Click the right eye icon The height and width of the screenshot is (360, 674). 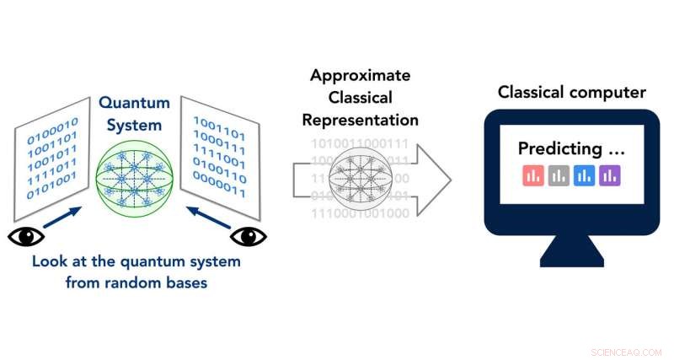coord(248,237)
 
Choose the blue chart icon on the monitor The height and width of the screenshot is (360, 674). coord(584,175)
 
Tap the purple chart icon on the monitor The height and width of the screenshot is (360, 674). coord(609,175)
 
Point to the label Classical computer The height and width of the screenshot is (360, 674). coord(571,91)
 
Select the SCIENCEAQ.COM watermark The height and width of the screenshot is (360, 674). coord(628,350)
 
